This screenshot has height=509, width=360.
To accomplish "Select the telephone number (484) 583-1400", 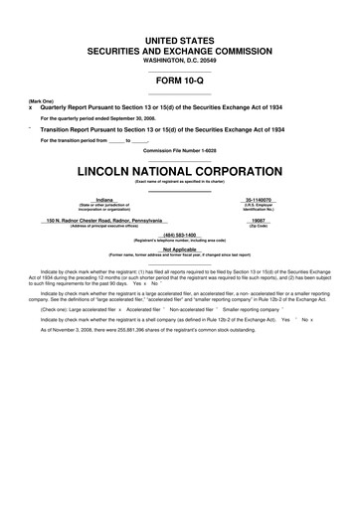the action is pyautogui.click(x=180, y=235).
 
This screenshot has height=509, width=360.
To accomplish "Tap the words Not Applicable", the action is pyautogui.click(x=180, y=250).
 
